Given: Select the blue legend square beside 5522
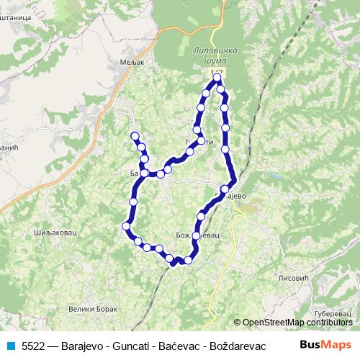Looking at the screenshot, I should pos(10,345).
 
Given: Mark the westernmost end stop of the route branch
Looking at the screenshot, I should pos(134,136).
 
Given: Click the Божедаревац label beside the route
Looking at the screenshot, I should pos(197,235).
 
